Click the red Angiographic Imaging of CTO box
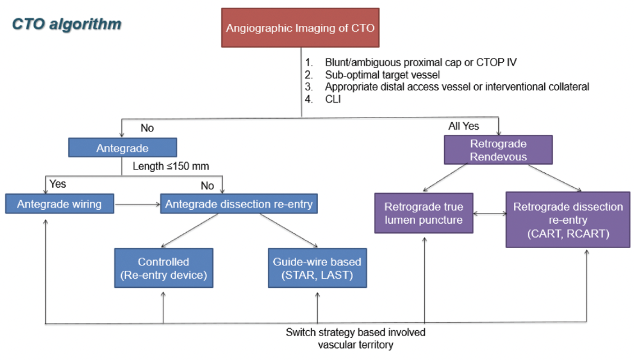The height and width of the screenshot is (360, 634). tap(300, 28)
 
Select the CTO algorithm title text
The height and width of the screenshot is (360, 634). tap(66, 24)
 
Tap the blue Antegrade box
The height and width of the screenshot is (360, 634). tap(122, 148)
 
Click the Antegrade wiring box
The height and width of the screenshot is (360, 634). tap(59, 204)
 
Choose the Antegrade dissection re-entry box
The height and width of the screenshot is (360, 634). tap(239, 204)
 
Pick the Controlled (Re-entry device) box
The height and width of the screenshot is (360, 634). tap(163, 268)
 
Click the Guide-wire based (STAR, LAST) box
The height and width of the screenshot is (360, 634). tap(317, 268)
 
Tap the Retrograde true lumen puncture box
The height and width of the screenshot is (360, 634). tap(423, 213)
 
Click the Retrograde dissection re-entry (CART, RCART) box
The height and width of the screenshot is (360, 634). tap(568, 220)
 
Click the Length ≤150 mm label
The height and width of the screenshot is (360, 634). tap(171, 166)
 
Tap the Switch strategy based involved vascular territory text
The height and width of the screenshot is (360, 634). tap(355, 339)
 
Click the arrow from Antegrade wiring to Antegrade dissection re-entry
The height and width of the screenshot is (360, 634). tap(138, 204)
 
